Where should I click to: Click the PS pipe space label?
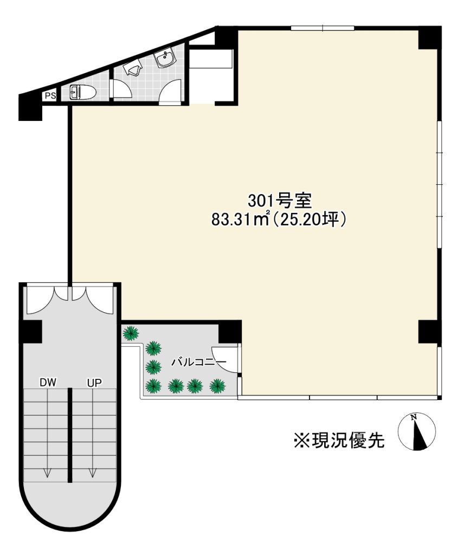(x=50, y=96)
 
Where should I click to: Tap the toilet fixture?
(x=83, y=93)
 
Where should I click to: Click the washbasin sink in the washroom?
(x=165, y=59)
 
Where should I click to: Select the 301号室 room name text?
(x=279, y=202)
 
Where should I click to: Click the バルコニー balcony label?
(x=199, y=362)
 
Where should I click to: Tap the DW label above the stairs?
(x=48, y=383)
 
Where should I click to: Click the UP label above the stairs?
(x=94, y=383)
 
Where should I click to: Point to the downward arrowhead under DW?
(x=47, y=473)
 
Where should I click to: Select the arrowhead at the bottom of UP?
(x=93, y=473)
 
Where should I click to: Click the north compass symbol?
(x=417, y=432)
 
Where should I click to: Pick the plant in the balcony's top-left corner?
(x=131, y=333)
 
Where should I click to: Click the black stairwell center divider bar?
(x=70, y=435)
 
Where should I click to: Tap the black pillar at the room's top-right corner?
(x=430, y=38)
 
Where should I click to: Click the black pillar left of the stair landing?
(x=31, y=332)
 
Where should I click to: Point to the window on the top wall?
(x=323, y=28)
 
